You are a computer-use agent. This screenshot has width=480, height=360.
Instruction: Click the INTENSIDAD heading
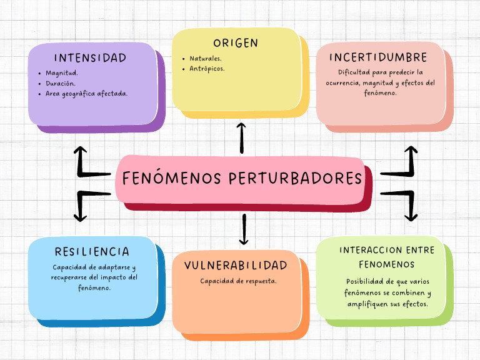point(90,58)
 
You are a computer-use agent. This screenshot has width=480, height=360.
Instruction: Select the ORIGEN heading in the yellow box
point(236,43)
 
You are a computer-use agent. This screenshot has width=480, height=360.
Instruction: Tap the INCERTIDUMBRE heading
point(379,57)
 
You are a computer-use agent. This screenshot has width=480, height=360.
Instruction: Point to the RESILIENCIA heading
point(92,252)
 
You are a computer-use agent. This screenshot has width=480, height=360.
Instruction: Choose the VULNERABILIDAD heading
point(236,266)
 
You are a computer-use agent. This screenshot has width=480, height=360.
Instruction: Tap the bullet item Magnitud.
point(61,72)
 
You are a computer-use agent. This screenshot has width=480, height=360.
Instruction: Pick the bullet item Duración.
point(61,83)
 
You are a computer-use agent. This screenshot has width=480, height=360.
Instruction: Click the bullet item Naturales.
point(206,58)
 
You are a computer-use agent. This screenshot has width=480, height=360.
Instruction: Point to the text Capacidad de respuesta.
point(238,281)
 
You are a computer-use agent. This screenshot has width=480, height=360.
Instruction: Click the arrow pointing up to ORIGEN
point(242,137)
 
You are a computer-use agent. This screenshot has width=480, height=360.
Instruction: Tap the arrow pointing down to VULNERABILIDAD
point(244,229)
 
